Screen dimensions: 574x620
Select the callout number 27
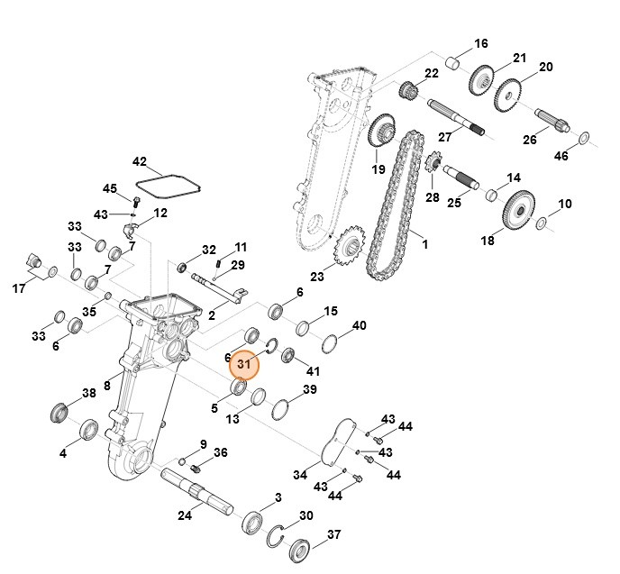pos(443,138)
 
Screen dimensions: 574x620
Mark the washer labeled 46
pos(582,138)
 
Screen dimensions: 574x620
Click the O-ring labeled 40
pos(330,343)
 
